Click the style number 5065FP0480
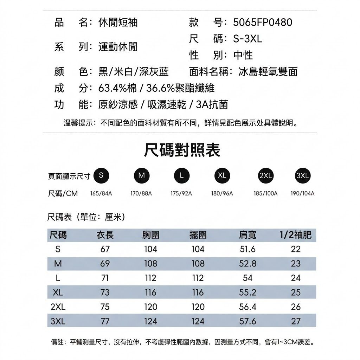point(263,22)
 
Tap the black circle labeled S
point(101,176)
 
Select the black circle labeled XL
point(222,176)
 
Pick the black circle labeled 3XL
point(302,176)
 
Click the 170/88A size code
point(141,193)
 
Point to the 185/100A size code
point(265,193)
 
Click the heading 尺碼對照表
point(182,150)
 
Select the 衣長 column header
point(105,235)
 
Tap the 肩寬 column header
point(247,235)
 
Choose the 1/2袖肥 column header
point(296,235)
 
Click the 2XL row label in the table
point(58,307)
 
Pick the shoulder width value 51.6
point(247,249)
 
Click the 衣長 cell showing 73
point(105,292)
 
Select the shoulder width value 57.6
point(247,321)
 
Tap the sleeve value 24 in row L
point(296,278)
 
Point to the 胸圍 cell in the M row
point(150,264)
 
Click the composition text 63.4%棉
point(117,88)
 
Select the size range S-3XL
point(247,39)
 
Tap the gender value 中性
point(243,55)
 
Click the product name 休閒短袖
point(118,22)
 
